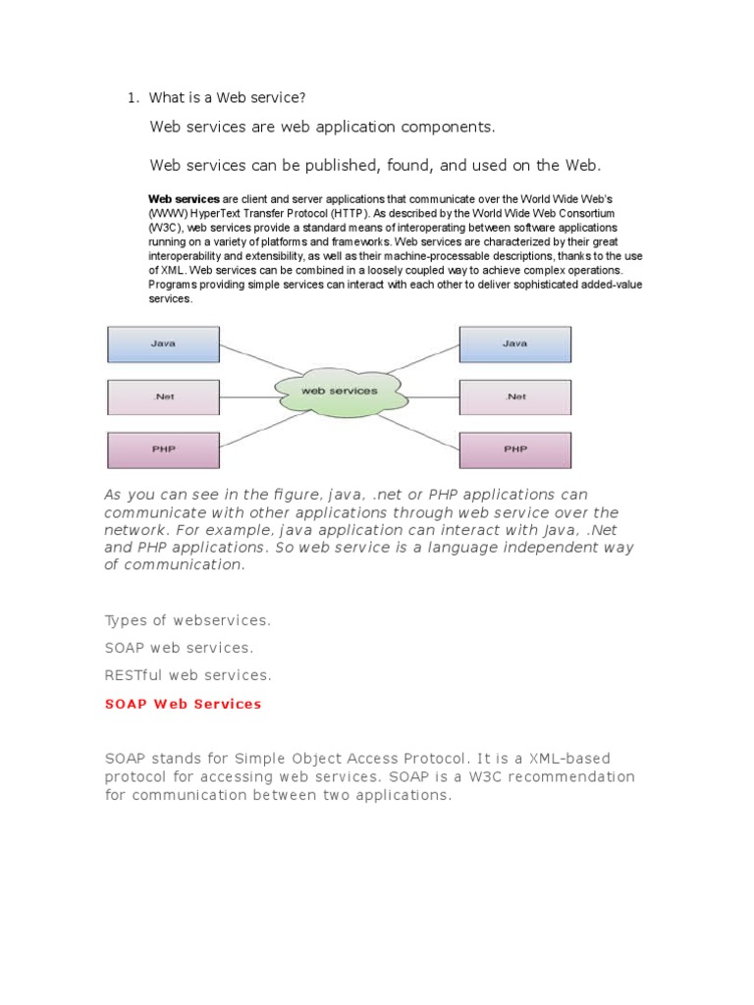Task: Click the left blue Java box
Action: tap(163, 344)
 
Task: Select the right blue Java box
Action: tap(514, 344)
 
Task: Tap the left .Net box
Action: tap(163, 397)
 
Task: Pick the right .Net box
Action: tap(514, 397)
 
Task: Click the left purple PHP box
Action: tap(163, 450)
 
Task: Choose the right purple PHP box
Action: tap(514, 450)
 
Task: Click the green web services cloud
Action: tap(340, 391)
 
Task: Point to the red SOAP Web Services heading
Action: tap(184, 704)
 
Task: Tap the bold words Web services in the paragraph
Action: tap(184, 198)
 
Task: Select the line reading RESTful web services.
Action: tap(188, 675)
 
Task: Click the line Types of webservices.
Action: tap(188, 620)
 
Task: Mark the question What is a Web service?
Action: tap(228, 97)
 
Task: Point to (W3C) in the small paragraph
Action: tap(165, 227)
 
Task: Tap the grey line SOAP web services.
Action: tap(179, 648)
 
